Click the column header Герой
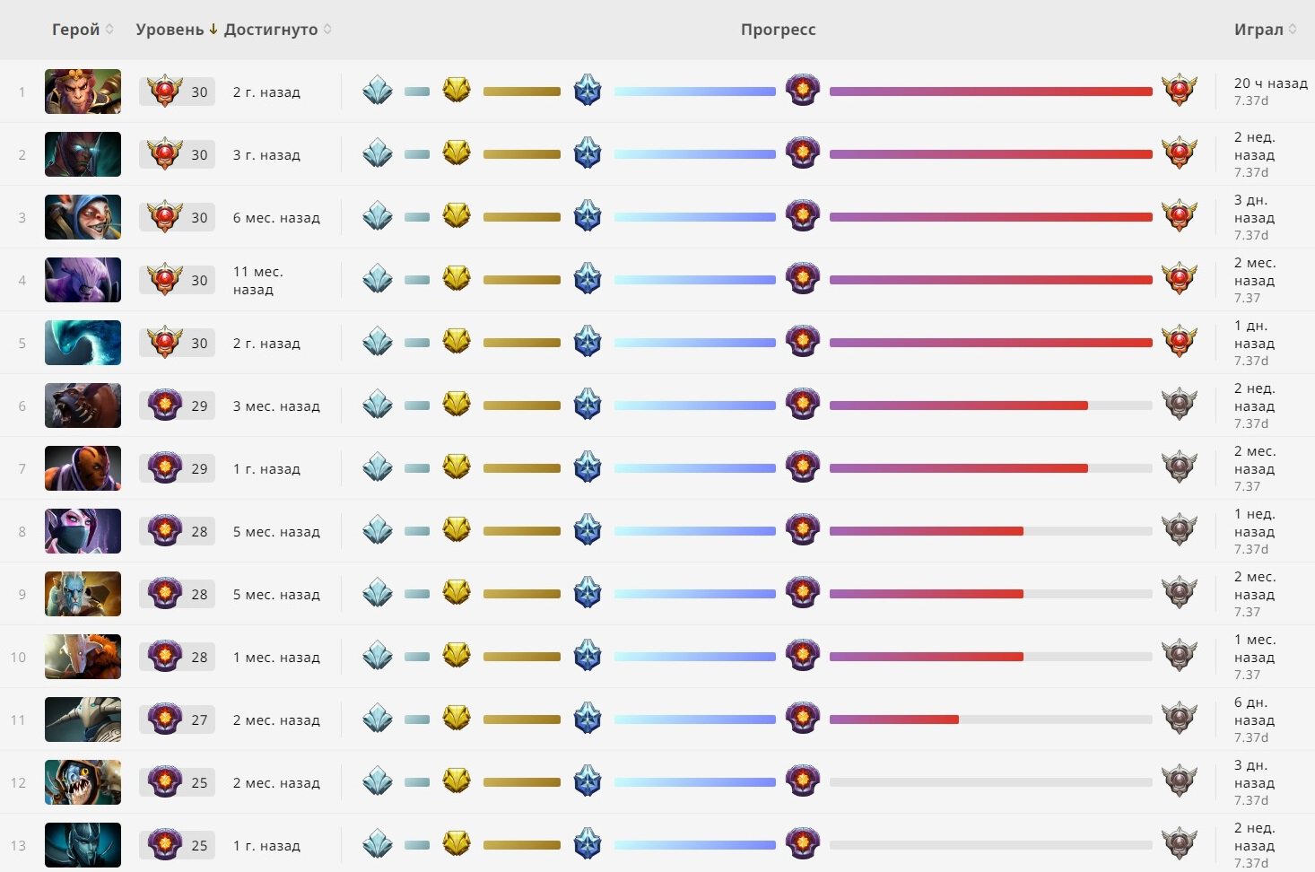pos(76,30)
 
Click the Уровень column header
pos(170,30)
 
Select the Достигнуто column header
pos(271,30)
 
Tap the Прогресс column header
pos(778,30)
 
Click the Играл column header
pos(1258,30)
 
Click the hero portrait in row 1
pos(83,92)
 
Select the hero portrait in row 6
pos(83,405)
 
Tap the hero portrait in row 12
pos(83,782)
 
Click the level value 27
pos(199,719)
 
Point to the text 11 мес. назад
pos(258,280)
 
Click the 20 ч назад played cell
pos(1270,83)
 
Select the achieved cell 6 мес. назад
pos(276,217)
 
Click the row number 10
pos(19,657)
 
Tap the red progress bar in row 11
pos(893,719)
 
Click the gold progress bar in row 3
pos(521,217)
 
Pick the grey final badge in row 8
pos(1179,530)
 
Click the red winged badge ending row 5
pos(1179,342)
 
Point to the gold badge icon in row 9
pos(457,593)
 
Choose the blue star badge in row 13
pos(588,844)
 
